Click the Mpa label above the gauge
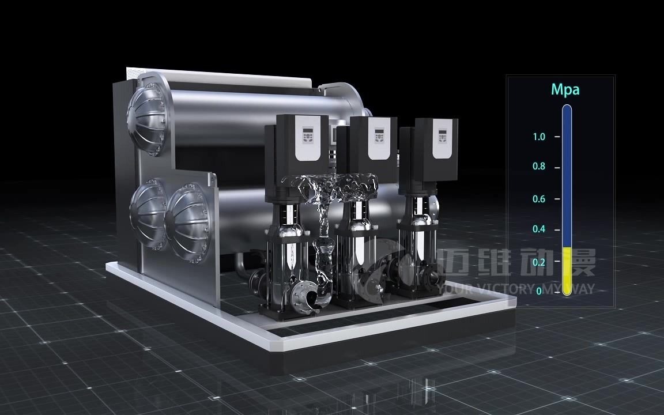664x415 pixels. pos(565,90)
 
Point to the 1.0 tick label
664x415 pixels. pos(539,137)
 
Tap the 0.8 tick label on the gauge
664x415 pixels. pos(539,167)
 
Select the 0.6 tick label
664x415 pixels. pos(539,199)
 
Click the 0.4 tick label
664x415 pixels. pos(539,229)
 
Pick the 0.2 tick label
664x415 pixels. pos(539,262)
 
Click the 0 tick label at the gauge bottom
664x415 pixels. pos(539,291)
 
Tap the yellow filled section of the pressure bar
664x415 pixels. pos(567,270)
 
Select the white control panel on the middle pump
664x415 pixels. pos(379,138)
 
